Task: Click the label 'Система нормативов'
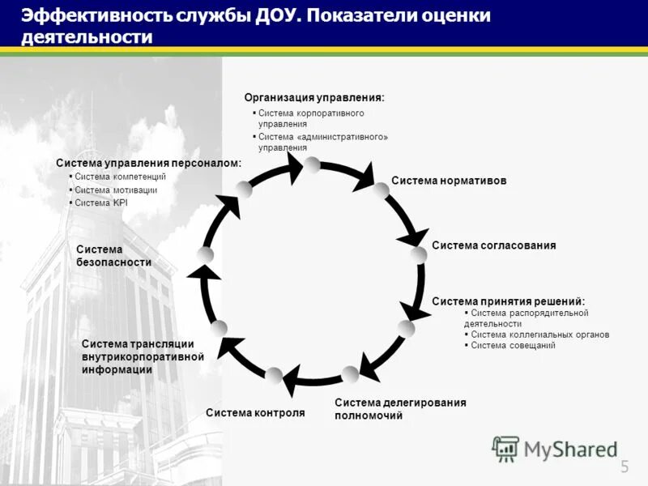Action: pos(449,181)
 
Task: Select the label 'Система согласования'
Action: pos(494,245)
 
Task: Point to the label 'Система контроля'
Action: pos(255,413)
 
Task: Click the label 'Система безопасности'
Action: pos(113,256)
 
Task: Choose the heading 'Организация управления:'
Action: pos(314,97)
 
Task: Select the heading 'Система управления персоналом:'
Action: pos(148,163)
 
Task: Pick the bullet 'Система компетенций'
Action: pos(120,177)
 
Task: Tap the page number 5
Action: pos(625,466)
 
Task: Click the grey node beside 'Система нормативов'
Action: pos(381,190)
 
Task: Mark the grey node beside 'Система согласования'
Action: pos(418,255)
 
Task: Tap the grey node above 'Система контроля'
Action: pos(275,376)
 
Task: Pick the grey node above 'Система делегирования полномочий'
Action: pos(350,374)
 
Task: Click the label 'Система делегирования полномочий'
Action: pos(400,409)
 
